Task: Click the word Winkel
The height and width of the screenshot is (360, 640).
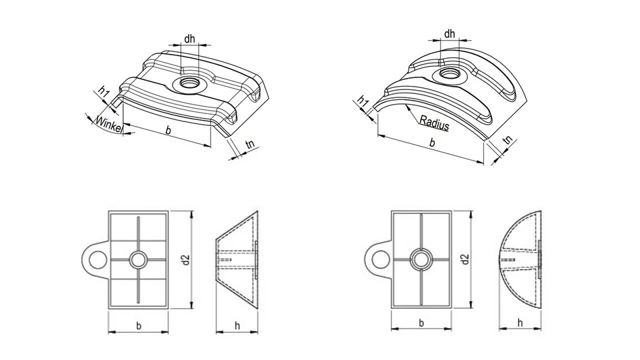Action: point(109,124)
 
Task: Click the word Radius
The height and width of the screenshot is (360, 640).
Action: point(434,123)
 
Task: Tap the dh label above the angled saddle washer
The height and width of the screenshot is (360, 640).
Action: point(190,39)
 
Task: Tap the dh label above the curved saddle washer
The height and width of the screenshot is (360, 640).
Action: point(449,33)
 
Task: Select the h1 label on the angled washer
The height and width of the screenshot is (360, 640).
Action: point(104,92)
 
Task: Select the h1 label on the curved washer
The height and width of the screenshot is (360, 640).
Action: point(363,101)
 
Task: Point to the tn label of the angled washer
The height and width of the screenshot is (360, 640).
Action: point(250,144)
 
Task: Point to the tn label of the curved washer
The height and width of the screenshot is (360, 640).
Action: point(507,141)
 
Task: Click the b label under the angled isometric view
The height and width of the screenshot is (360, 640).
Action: point(168,131)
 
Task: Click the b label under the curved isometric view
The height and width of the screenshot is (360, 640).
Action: point(432,143)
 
